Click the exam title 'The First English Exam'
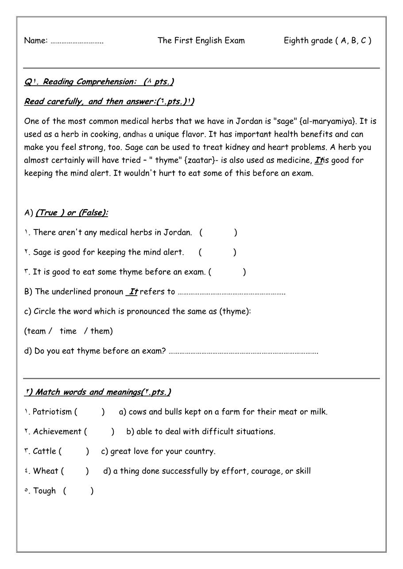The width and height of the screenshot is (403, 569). [x=201, y=41]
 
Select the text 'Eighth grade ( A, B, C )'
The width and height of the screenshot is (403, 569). [x=327, y=41]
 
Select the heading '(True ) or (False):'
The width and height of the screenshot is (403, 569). [x=72, y=213]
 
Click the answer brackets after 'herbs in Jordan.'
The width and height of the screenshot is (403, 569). [x=218, y=233]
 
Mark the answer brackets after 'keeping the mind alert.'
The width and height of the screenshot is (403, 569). [x=217, y=252]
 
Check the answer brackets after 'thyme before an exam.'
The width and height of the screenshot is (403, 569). [x=227, y=272]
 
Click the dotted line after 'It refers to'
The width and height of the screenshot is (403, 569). [x=231, y=293]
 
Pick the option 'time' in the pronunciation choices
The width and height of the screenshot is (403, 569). [x=68, y=331]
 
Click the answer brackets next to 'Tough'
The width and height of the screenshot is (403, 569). [x=78, y=491]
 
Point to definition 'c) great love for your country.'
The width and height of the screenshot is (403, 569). [x=158, y=451]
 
